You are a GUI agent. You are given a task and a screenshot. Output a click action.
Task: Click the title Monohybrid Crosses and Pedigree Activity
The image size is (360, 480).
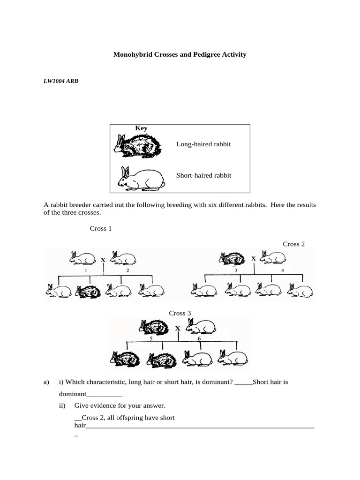180,55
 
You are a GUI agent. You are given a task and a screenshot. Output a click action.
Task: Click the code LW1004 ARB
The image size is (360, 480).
60,81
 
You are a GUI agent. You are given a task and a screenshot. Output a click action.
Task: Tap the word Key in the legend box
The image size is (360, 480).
141,128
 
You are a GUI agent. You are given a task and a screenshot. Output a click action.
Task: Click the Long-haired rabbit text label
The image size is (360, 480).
203,144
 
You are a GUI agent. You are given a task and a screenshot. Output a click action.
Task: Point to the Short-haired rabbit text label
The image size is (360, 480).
203,175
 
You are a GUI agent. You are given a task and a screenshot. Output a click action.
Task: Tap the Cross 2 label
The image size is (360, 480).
294,244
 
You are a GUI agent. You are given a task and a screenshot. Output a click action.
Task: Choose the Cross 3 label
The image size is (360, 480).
180,313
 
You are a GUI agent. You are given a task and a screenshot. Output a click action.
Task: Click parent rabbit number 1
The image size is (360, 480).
82,258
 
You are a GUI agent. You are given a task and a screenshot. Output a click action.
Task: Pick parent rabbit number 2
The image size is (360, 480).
124,258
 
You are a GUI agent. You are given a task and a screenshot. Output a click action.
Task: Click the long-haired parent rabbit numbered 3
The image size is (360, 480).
232,257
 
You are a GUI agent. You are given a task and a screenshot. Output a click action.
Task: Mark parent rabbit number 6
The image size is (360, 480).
201,325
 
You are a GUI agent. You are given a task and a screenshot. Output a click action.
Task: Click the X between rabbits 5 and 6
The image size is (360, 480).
178,329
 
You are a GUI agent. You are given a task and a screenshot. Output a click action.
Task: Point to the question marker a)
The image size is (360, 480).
46,382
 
